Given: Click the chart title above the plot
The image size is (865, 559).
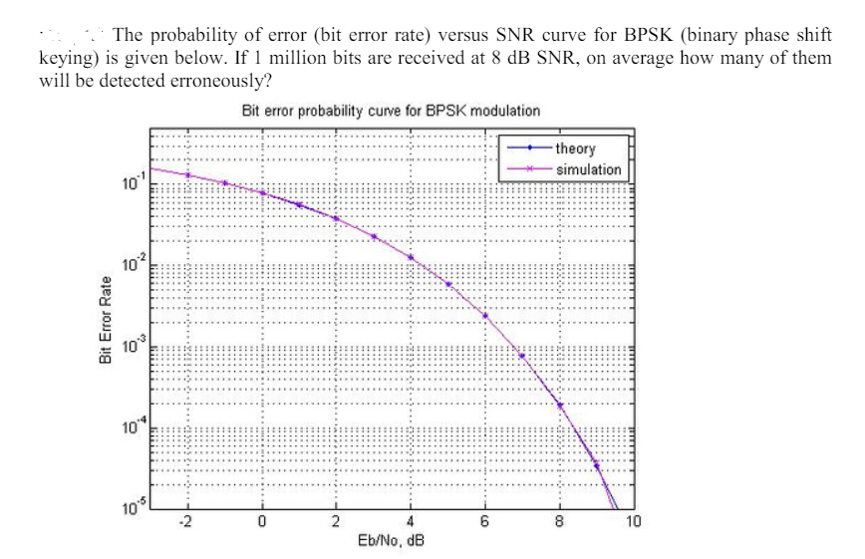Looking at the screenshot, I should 392,111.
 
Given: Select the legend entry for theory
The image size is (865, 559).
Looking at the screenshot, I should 575,149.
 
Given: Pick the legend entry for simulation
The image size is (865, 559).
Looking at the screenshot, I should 588,169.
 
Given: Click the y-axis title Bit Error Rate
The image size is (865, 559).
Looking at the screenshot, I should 106,320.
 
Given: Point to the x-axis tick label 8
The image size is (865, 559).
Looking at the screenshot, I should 559,522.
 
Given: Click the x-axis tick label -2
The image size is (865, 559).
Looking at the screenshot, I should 185,522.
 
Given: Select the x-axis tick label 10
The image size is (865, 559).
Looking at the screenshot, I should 634,522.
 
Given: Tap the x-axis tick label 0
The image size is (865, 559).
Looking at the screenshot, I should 261,522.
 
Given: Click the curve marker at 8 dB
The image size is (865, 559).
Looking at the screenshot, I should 559,406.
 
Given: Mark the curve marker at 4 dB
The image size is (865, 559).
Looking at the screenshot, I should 411,257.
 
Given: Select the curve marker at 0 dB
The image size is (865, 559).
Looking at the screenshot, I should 261,193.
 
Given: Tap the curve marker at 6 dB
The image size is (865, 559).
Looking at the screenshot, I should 485,316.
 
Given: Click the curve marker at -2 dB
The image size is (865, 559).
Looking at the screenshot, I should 186,174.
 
